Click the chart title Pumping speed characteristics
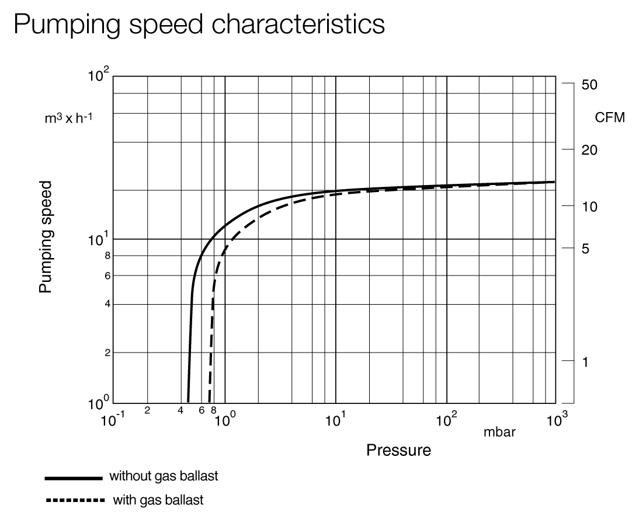click(199, 25)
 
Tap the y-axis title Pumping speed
click(46, 236)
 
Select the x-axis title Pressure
click(398, 450)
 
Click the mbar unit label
click(499, 433)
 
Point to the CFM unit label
click(609, 118)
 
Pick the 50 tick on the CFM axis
click(589, 85)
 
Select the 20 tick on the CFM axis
click(589, 150)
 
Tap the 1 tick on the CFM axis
click(586, 362)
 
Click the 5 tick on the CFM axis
click(586, 249)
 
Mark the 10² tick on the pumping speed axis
click(98, 76)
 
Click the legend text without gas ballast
click(164, 476)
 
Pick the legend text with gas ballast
click(158, 500)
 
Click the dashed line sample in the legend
click(74, 500)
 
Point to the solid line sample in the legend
click(74, 477)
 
